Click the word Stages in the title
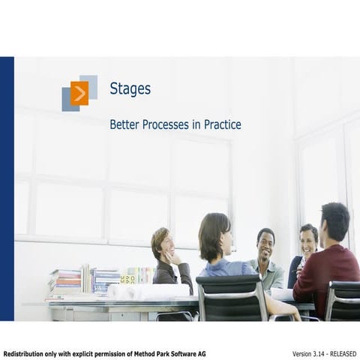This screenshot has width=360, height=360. pos(130,88)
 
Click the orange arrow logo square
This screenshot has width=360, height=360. pos(79,93)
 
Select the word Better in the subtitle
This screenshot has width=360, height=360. pos(124,124)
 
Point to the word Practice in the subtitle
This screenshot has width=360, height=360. pos(223,124)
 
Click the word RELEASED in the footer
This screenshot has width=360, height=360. pos(343,353)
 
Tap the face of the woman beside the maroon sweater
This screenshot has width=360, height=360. pos(308,241)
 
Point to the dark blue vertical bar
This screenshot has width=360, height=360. pos(7,188)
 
